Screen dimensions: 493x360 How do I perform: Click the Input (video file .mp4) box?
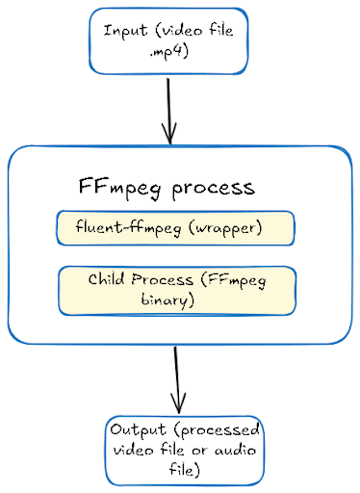168,40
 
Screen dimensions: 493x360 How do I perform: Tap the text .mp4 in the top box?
169,53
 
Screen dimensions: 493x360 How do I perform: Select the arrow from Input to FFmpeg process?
171,106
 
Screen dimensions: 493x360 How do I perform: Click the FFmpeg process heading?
166,187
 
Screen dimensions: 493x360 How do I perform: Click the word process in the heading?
214,188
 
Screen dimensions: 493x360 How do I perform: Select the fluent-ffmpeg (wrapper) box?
175,228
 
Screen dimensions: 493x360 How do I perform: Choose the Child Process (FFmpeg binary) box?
176,291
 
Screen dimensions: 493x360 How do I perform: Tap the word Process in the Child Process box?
164,280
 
